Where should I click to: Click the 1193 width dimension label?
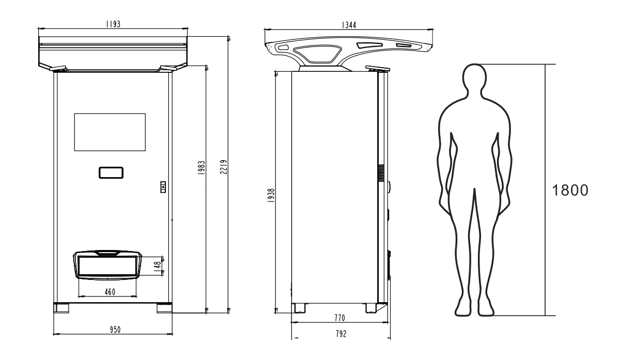click(114, 24)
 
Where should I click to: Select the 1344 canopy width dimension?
click(349, 25)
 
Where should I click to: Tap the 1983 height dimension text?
click(202, 168)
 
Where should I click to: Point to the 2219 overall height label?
click(224, 167)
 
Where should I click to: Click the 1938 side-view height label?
click(271, 196)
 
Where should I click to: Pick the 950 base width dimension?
click(115, 330)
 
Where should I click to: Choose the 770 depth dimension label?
click(339, 318)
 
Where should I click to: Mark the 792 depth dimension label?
click(341, 334)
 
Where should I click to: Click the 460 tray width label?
click(110, 292)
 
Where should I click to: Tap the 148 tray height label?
click(158, 266)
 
